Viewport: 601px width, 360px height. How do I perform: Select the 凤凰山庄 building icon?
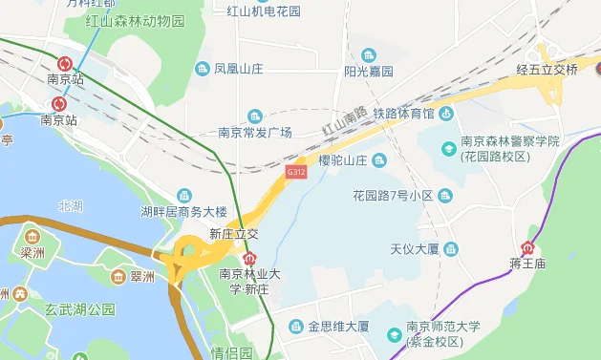202,69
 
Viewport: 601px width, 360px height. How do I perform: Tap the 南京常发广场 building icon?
254,116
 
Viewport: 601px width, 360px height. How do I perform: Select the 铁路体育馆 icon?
447,114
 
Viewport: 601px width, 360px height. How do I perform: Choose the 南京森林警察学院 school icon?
448,148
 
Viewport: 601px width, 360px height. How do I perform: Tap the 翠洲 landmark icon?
118,277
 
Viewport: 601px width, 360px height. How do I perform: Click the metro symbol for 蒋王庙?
526,247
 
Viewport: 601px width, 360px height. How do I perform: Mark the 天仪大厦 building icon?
451,249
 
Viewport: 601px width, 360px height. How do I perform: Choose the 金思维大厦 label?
338,327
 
